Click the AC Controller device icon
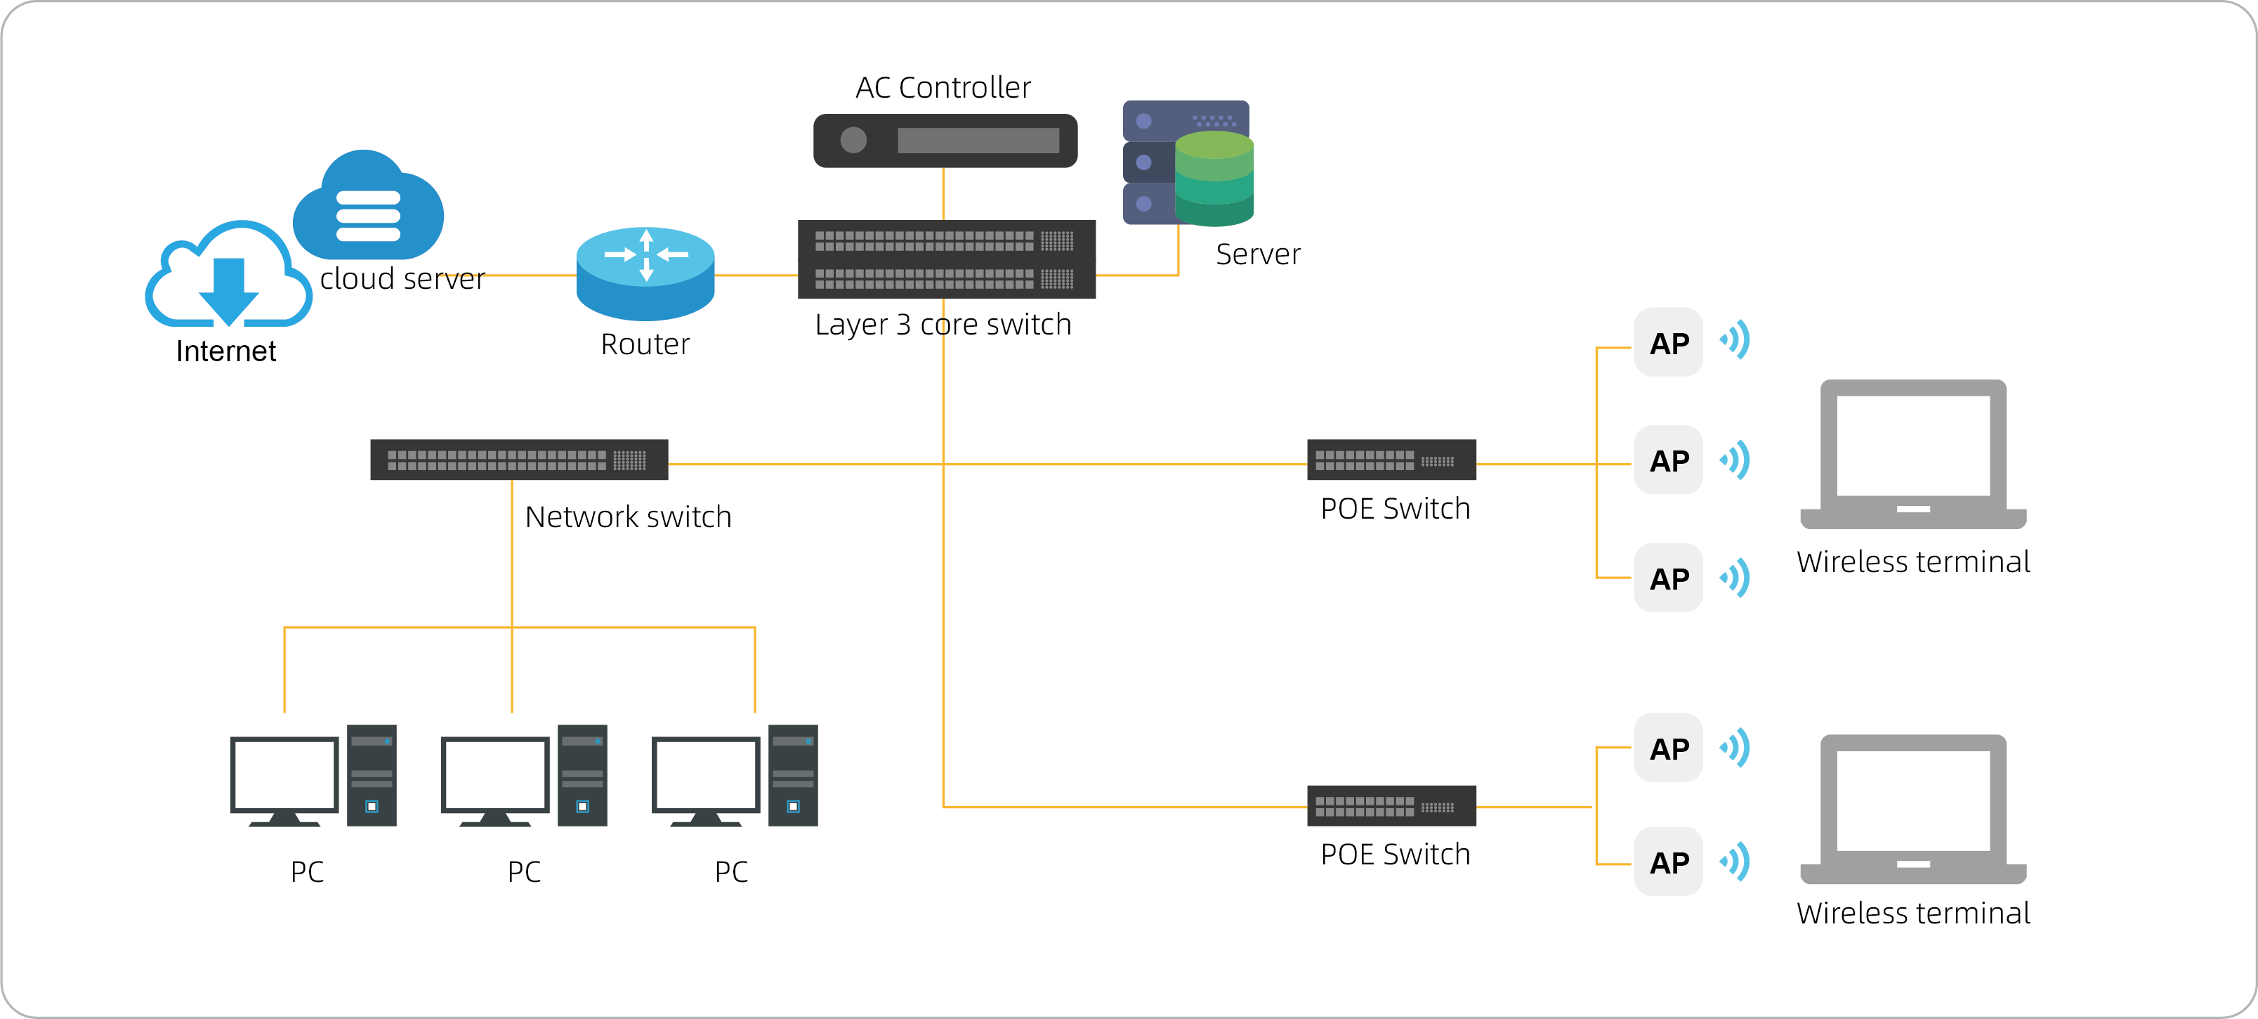point(945,141)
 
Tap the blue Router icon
point(645,273)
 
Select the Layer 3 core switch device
point(947,259)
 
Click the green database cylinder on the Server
point(1214,179)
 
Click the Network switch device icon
point(519,460)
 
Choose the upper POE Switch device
point(1391,460)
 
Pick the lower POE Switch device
point(1391,805)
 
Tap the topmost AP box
point(1668,342)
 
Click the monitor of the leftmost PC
point(284,776)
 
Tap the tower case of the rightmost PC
point(792,774)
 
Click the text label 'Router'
point(645,344)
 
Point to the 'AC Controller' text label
point(943,88)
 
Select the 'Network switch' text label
point(628,517)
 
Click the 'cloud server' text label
point(402,279)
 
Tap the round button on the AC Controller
point(853,141)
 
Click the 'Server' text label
point(1258,254)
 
